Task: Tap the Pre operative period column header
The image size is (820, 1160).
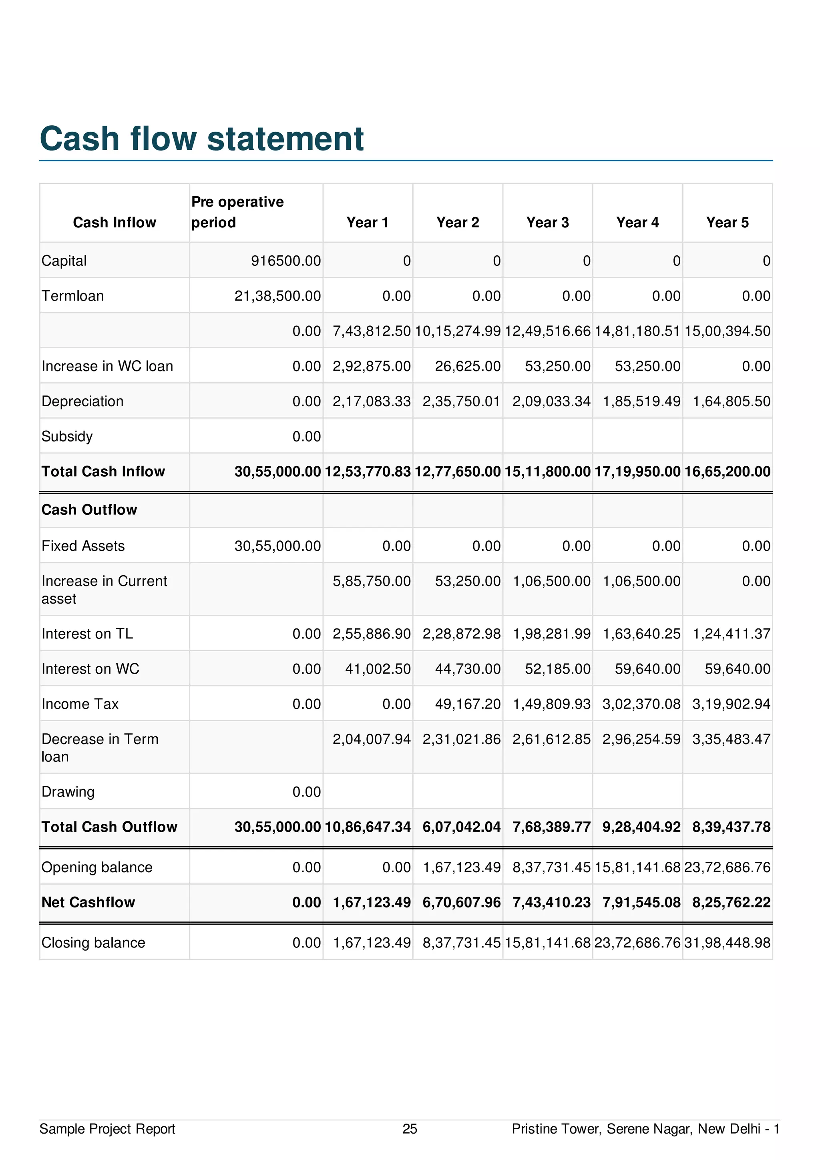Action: click(237, 212)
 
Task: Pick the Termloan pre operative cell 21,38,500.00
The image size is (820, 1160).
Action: click(277, 296)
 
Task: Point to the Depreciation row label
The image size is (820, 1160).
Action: click(82, 401)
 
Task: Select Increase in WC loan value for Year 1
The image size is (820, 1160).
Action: click(371, 366)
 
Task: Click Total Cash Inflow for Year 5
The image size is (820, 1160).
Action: click(727, 472)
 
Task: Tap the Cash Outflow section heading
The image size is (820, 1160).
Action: click(89, 510)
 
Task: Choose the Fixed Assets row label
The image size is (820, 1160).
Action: click(83, 546)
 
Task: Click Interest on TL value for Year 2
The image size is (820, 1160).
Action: click(461, 634)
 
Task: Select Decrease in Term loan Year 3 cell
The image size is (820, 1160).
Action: click(551, 739)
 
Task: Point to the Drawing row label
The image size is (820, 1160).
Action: click(68, 792)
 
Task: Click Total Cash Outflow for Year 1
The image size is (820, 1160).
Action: click(368, 827)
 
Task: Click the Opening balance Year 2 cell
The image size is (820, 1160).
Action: click(461, 867)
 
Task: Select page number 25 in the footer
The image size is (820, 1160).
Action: click(410, 1129)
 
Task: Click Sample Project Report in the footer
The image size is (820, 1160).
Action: click(107, 1129)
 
